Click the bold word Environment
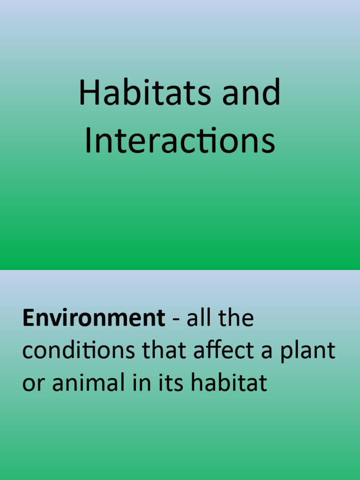93,319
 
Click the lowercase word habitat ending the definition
229,383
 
